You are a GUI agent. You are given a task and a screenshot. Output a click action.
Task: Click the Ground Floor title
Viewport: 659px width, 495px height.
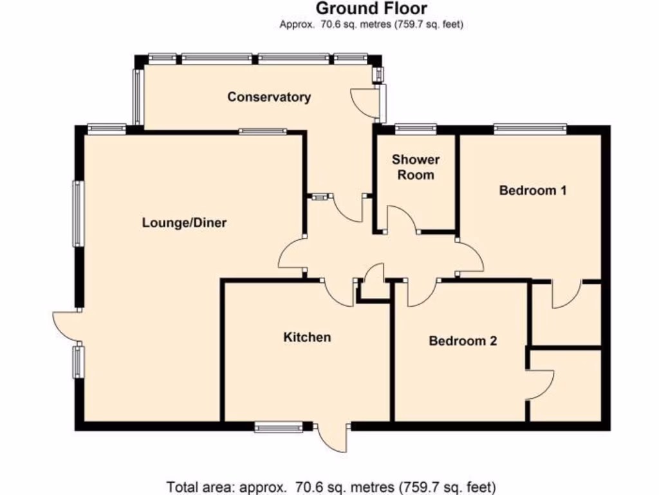point(371,9)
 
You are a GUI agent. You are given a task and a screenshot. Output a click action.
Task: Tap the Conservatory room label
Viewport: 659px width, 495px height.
point(269,97)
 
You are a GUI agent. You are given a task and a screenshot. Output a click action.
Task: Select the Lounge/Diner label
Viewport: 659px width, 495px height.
point(185,223)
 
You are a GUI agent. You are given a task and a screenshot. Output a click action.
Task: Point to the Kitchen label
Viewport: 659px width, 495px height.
point(307,337)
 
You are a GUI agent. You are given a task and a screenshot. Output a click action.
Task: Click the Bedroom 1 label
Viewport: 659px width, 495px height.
point(533,190)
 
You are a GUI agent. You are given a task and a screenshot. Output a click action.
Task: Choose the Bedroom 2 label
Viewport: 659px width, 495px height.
point(463,341)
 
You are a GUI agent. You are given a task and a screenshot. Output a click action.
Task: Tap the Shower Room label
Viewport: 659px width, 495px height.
point(415,167)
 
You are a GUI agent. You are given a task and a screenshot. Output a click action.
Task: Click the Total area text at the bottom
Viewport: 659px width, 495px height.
point(331,487)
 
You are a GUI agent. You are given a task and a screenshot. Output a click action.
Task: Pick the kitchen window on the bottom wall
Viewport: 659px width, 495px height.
point(278,427)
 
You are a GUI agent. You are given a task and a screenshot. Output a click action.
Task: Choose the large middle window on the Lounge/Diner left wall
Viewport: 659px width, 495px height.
point(78,213)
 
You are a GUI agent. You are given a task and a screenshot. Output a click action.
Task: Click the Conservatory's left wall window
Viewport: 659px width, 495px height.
point(137,97)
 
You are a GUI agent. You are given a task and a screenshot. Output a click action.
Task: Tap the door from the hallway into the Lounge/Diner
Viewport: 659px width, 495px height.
point(291,254)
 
